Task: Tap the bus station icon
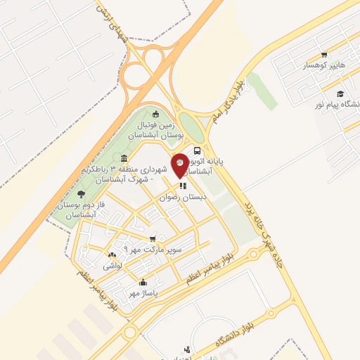pyautogui.click(x=198, y=150)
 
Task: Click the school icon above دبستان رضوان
pyautogui.click(x=183, y=186)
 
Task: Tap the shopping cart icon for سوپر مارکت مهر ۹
pyautogui.click(x=153, y=239)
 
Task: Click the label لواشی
pyautogui.click(x=112, y=266)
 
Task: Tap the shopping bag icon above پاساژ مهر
pyautogui.click(x=143, y=282)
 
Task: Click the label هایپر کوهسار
pyautogui.click(x=324, y=65)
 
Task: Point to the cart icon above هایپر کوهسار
pyautogui.click(x=324, y=54)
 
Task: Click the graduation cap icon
pyautogui.click(x=340, y=94)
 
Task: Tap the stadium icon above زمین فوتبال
pyautogui.click(x=155, y=115)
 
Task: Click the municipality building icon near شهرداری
pyautogui.click(x=124, y=158)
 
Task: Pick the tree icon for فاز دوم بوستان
pyautogui.click(x=82, y=193)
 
